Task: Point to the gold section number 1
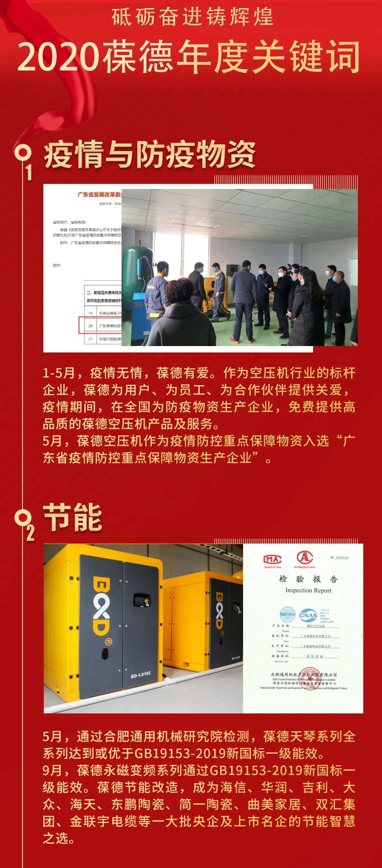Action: (x=29, y=172)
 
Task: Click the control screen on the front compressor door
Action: (x=141, y=600)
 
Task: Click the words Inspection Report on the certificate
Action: (x=308, y=590)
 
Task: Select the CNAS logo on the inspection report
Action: (x=308, y=615)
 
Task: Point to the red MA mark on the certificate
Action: (x=272, y=559)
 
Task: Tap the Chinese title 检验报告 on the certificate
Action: (x=308, y=579)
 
